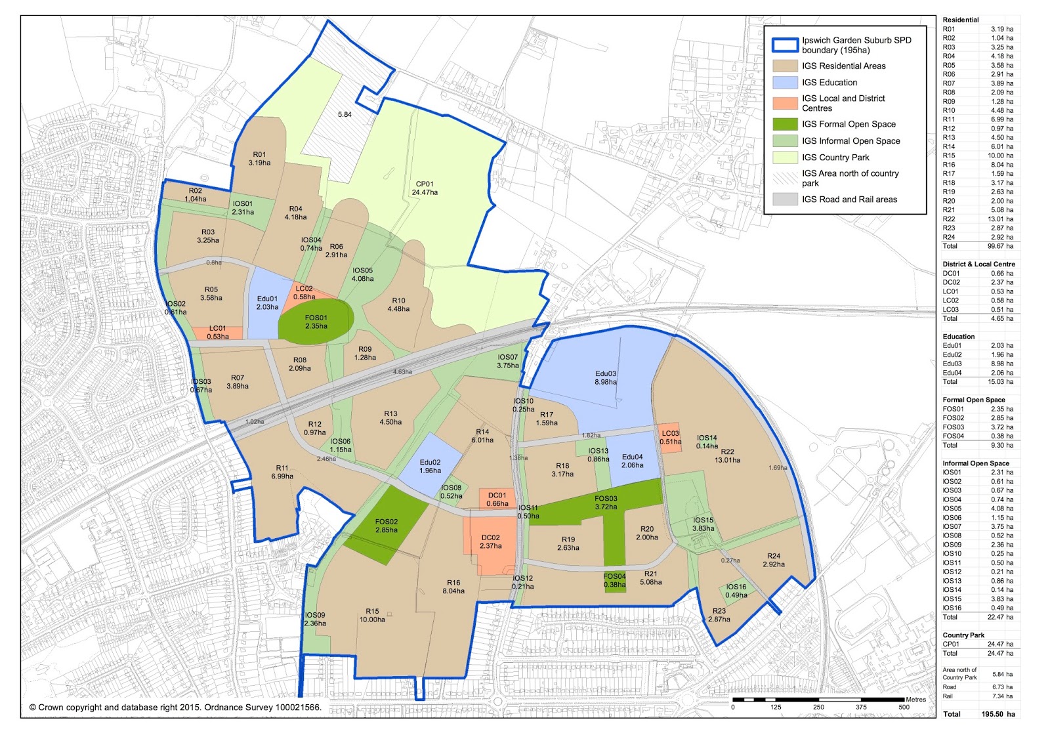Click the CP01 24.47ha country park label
[425, 188]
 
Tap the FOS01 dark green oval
[316, 321]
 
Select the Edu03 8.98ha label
[606, 377]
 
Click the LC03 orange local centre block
[670, 437]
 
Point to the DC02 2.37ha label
[490, 541]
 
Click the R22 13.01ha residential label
[727, 456]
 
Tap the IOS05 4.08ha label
[363, 274]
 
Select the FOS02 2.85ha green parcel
[387, 526]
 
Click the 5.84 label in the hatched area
[345, 114]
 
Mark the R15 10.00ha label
[372, 615]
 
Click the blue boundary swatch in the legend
[785, 45]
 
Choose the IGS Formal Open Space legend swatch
[785, 124]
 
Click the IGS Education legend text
[829, 83]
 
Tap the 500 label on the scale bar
[904, 707]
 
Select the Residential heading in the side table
[960, 20]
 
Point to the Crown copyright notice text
[175, 707]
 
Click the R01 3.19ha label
[259, 159]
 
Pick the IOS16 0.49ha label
[736, 591]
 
